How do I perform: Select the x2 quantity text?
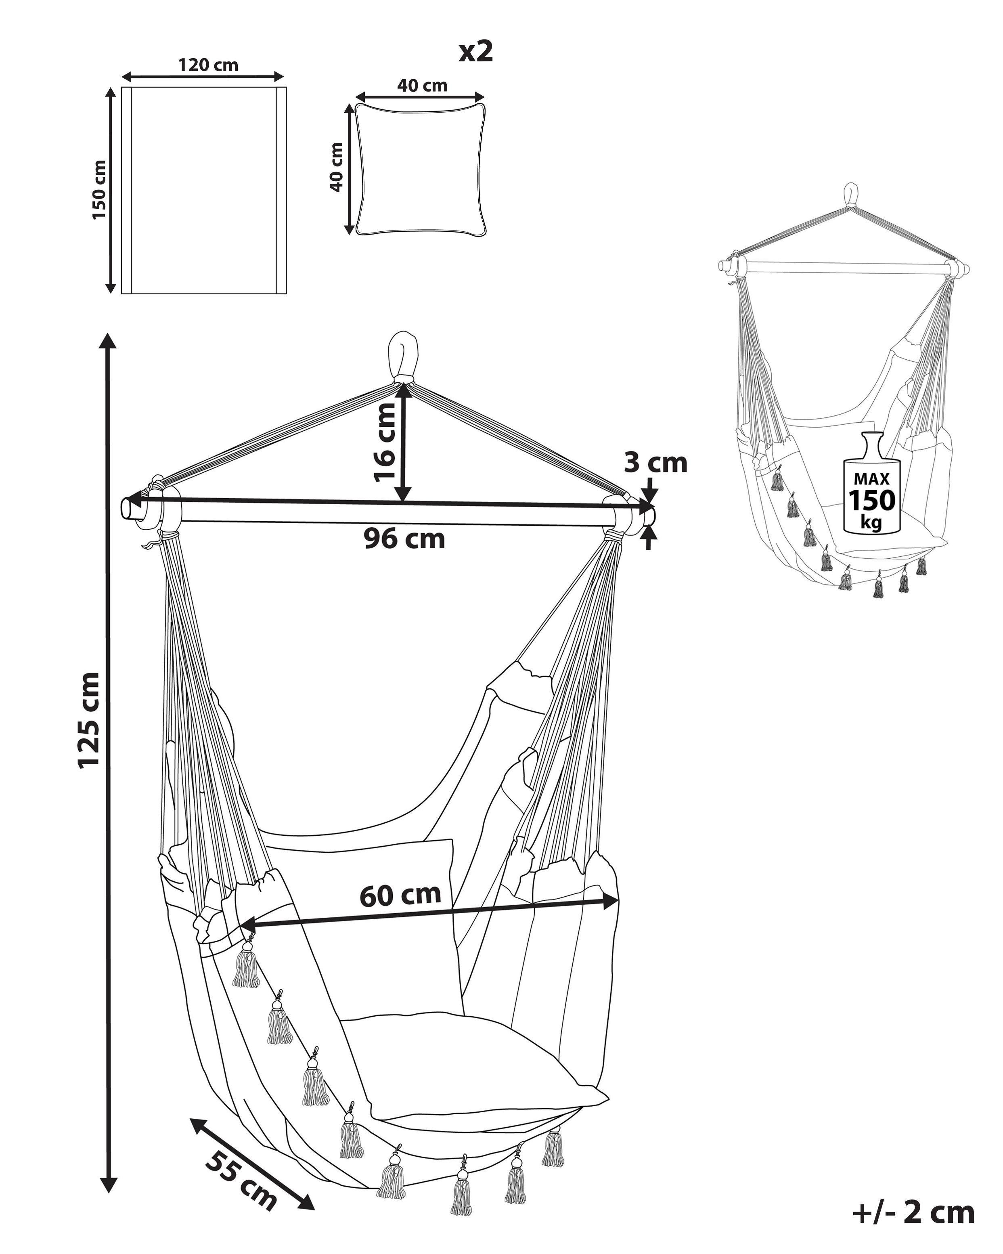475,52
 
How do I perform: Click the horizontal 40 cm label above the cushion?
422,86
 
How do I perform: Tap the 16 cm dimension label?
384,442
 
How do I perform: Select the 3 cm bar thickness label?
655,463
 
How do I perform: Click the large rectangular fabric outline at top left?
203,190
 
